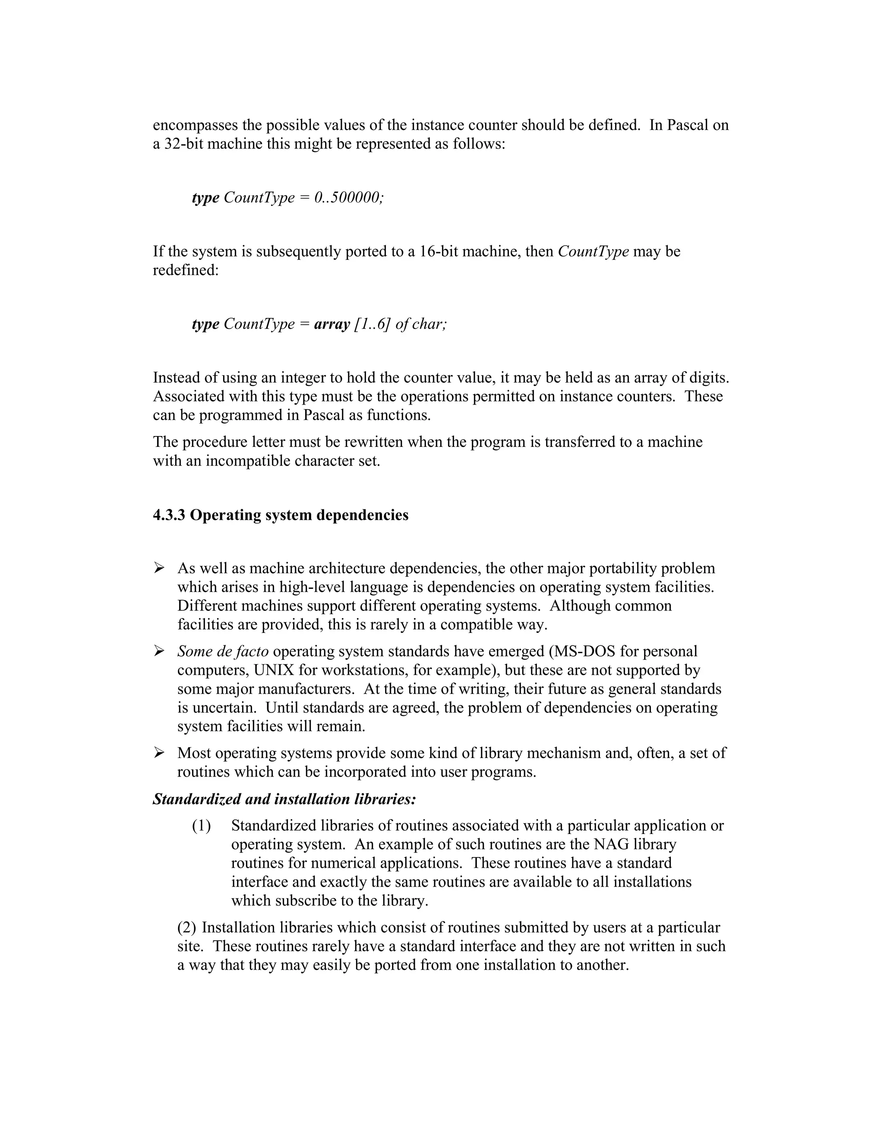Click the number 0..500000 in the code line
click(349, 198)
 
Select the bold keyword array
click(331, 324)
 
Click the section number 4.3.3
click(169, 515)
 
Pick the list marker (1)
click(201, 826)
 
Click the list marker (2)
click(186, 928)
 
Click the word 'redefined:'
click(185, 270)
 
